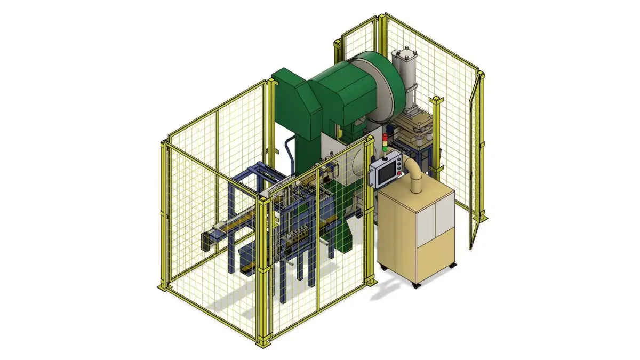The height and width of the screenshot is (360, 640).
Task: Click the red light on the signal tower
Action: pos(385,137)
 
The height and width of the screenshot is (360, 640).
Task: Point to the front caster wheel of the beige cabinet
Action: pos(417,286)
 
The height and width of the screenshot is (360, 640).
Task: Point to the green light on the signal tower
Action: pos(385,147)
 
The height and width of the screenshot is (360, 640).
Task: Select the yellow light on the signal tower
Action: pos(385,142)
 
